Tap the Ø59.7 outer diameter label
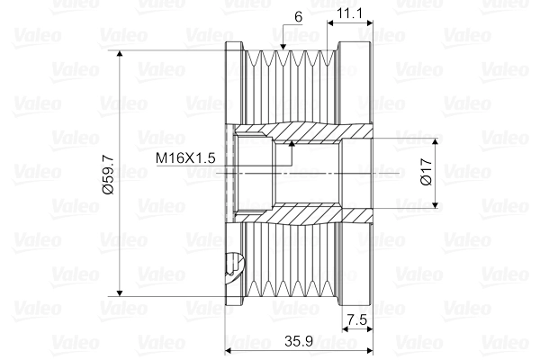pos(107,173)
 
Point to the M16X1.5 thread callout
pos(184,158)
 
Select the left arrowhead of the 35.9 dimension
pos(229,351)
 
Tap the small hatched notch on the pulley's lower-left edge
pos(232,264)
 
